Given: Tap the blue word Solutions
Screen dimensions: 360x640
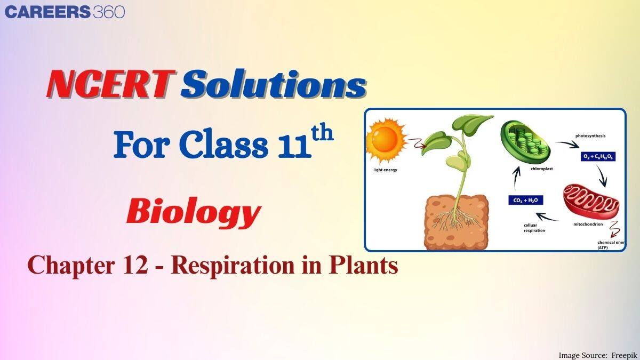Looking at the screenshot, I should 273,85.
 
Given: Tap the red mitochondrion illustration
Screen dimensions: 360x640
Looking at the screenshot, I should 591,203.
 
